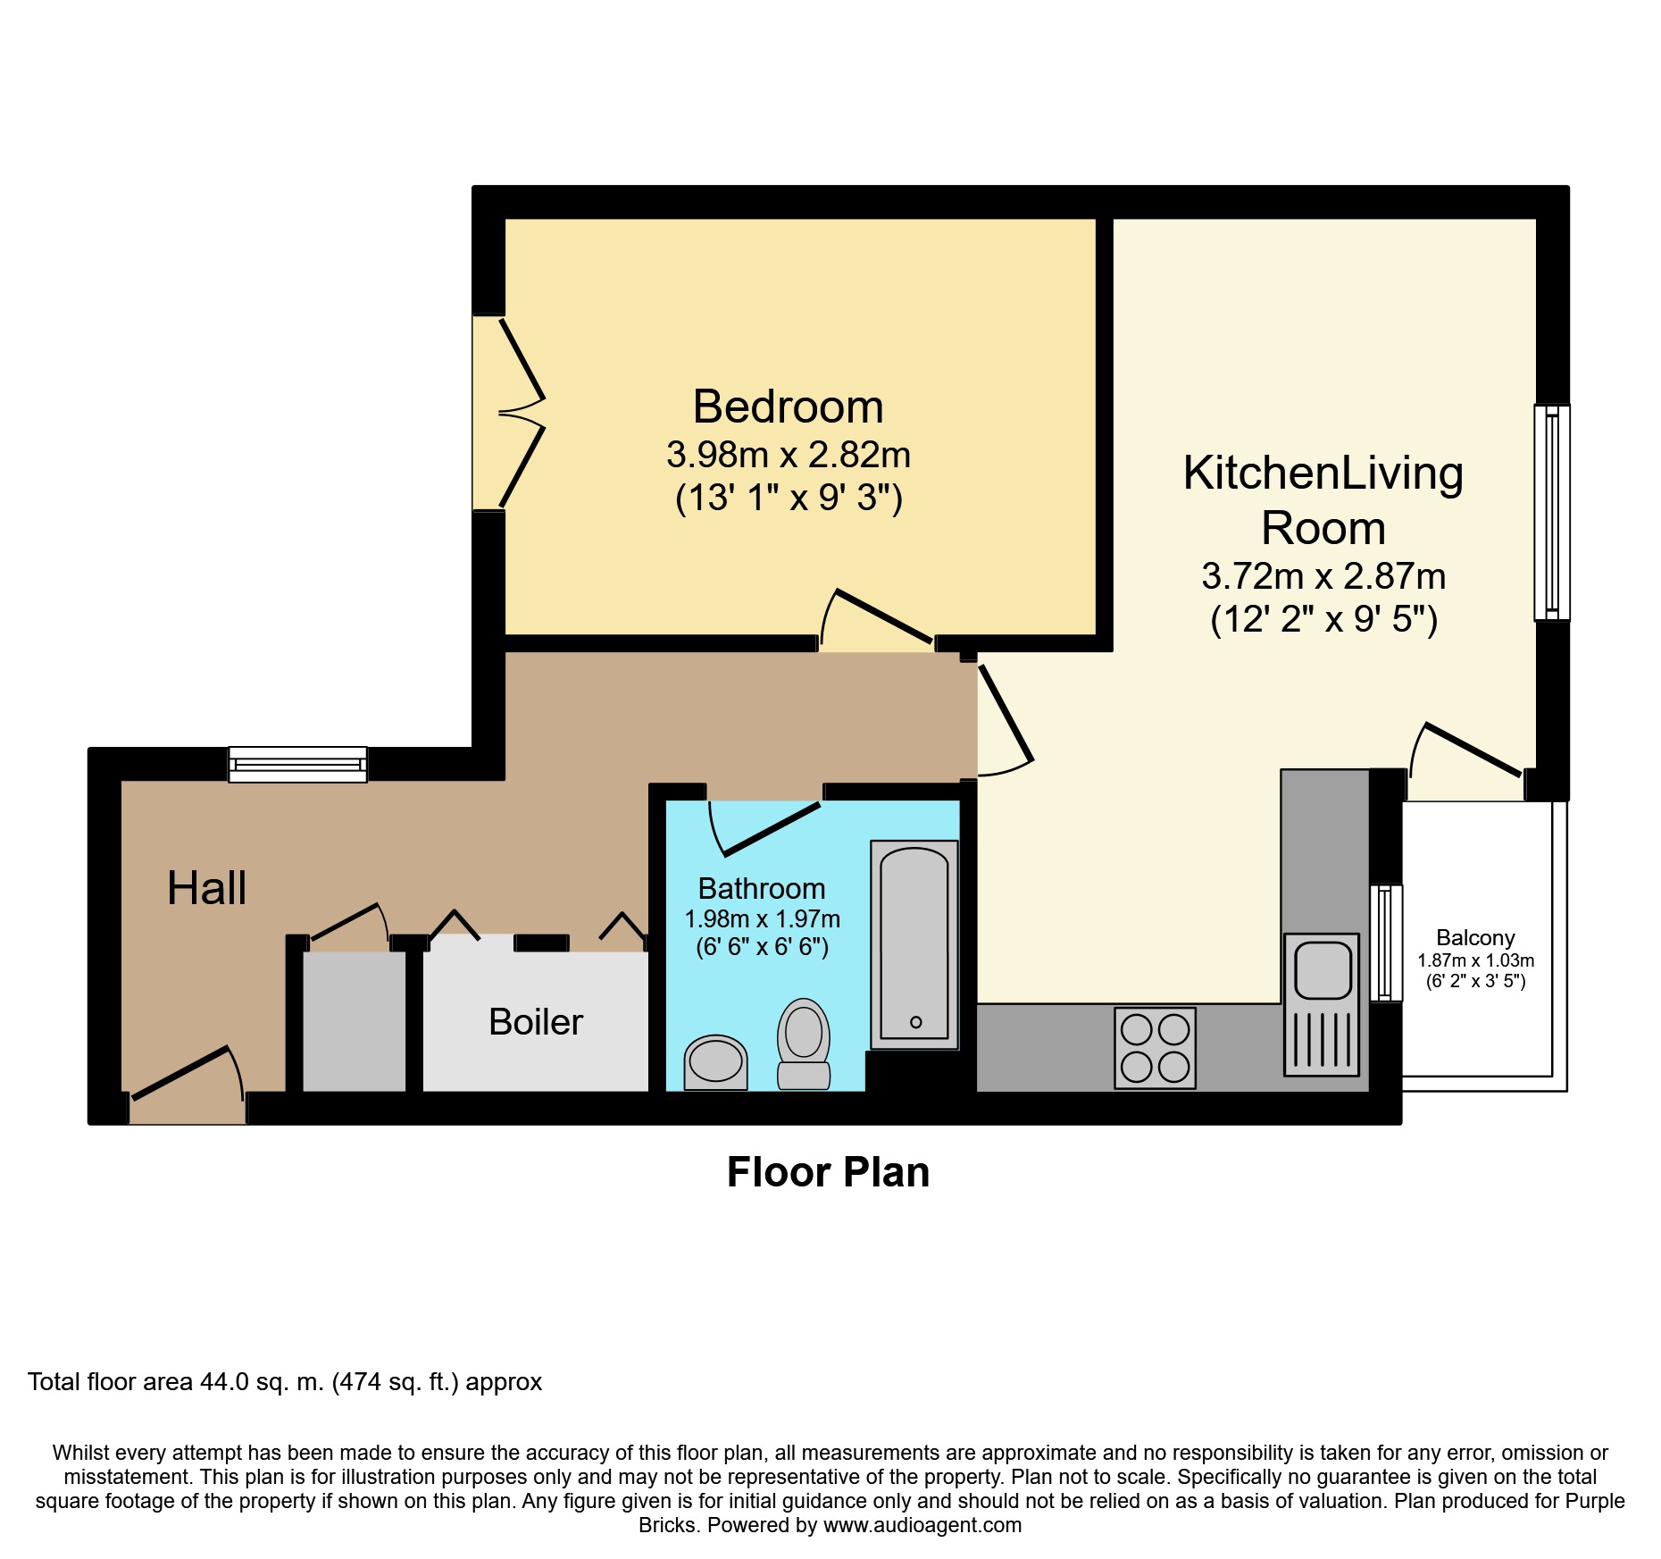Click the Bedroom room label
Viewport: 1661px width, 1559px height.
click(788, 407)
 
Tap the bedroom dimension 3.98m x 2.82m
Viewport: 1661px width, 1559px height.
click(788, 456)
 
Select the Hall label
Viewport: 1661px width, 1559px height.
click(206, 888)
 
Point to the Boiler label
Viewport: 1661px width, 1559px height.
click(535, 1022)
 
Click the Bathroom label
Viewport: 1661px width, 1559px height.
click(761, 889)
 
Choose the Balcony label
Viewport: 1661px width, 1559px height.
click(1475, 938)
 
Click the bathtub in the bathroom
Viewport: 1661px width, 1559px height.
click(914, 943)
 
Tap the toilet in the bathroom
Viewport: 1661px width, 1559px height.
click(804, 1044)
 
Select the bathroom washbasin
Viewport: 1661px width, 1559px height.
click(715, 1062)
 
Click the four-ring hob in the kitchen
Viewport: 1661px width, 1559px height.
click(1155, 1048)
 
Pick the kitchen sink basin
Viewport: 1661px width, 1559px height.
click(1323, 970)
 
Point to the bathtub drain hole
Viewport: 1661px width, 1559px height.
click(915, 1022)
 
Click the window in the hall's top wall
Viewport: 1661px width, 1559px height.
click(297, 765)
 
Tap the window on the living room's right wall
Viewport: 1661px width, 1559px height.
click(1552, 513)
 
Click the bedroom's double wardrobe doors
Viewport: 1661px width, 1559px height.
click(518, 413)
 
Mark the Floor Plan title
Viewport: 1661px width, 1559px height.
click(828, 1172)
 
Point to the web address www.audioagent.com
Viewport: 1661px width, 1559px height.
click(922, 1525)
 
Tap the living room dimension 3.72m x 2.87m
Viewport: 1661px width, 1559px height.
click(1323, 577)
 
